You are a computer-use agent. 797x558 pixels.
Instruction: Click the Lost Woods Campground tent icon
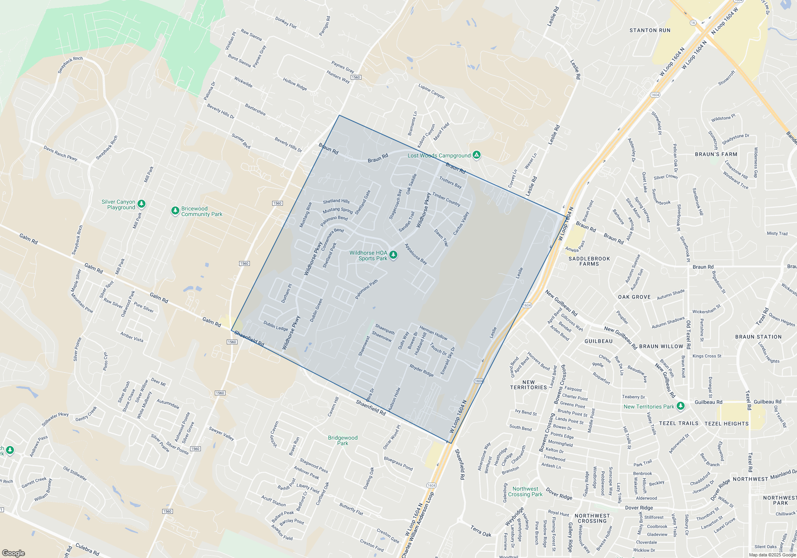tap(477, 155)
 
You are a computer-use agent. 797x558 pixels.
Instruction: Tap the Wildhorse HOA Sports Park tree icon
tap(393, 255)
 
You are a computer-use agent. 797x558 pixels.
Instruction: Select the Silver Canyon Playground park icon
tap(141, 204)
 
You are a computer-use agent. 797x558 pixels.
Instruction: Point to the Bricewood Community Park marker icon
tap(175, 210)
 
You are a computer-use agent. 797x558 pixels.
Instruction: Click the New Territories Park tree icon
tap(681, 406)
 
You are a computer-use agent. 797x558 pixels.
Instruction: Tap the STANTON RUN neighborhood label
tap(650, 30)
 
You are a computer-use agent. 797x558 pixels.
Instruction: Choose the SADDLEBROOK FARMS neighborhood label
tap(589, 261)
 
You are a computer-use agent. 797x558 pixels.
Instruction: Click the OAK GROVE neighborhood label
tap(634, 297)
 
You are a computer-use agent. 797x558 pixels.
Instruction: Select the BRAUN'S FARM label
tap(716, 154)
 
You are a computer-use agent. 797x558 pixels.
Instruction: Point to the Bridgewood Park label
tap(343, 440)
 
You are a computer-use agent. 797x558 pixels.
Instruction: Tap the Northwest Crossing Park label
tap(525, 491)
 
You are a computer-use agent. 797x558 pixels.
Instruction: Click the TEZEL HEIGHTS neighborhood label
tap(726, 424)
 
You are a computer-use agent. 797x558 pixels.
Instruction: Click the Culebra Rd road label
tap(87, 550)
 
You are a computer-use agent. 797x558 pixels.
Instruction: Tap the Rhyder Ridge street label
tap(421, 370)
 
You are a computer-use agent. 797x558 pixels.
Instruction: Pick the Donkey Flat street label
tap(286, 22)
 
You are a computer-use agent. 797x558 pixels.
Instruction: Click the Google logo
tap(14, 553)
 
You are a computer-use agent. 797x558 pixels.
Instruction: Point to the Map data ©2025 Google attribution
tap(772, 555)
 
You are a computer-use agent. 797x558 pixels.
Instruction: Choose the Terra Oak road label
tap(481, 531)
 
